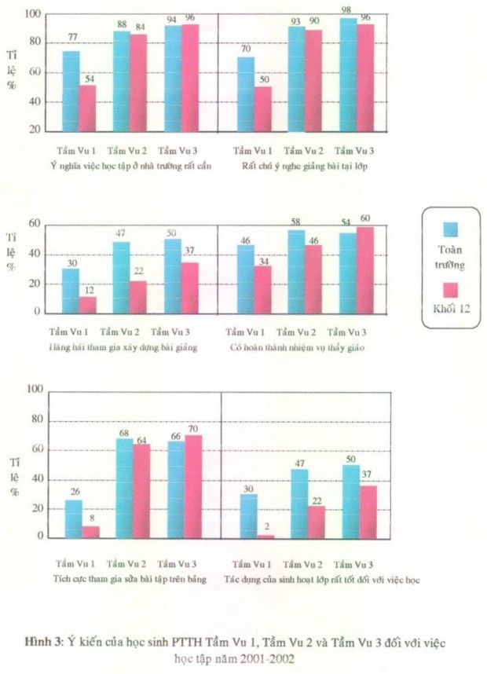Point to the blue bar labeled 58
click(296, 271)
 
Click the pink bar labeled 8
click(90, 531)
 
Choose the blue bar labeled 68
click(124, 488)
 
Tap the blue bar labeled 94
click(172, 79)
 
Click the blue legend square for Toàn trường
click(451, 229)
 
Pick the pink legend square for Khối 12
click(451, 288)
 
